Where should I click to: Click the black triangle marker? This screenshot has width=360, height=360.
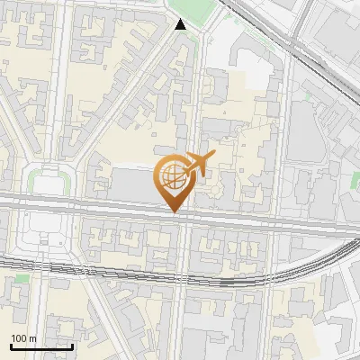(x=181, y=24)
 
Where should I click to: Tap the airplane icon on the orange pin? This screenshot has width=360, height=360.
(x=199, y=164)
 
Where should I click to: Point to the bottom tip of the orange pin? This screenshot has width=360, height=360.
(x=173, y=211)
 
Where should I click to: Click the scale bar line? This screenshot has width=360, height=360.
(x=40, y=346)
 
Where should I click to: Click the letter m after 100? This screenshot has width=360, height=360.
(x=32, y=338)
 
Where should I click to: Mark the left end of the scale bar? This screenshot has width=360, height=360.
(x=10, y=346)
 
